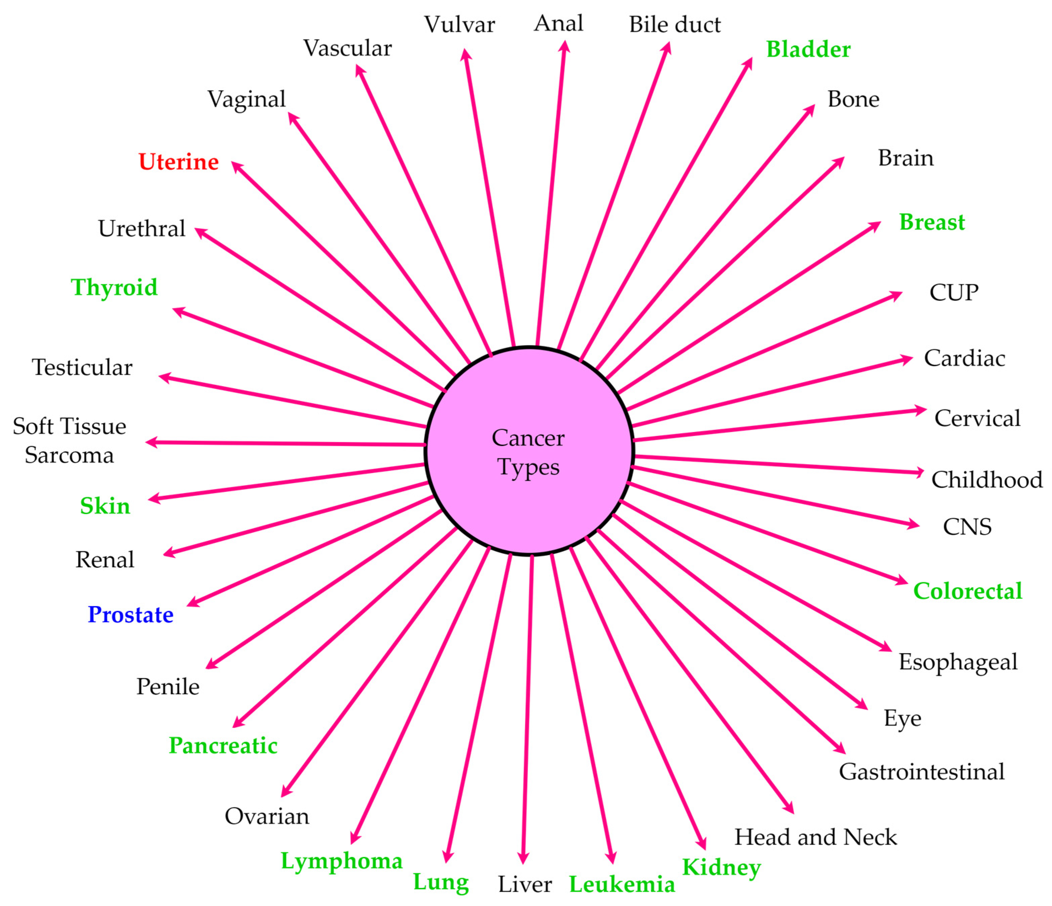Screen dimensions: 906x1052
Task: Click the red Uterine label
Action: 179,162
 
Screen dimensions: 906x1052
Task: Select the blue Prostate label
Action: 131,615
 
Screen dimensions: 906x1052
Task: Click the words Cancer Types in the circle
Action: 528,452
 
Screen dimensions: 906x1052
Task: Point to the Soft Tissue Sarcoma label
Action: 70,440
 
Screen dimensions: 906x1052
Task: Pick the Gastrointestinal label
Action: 921,772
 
